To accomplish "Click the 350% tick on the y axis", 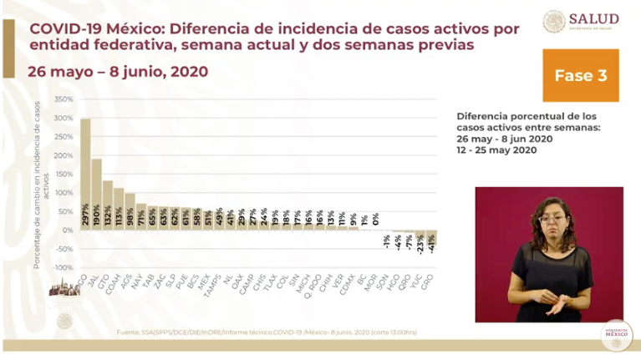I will point(64,99).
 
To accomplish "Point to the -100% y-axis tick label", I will point(62,267).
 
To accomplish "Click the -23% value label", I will point(420,244).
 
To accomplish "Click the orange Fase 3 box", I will point(580,75).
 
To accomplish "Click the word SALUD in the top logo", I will point(594,18).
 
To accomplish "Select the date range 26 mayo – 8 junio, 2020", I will point(118,72).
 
